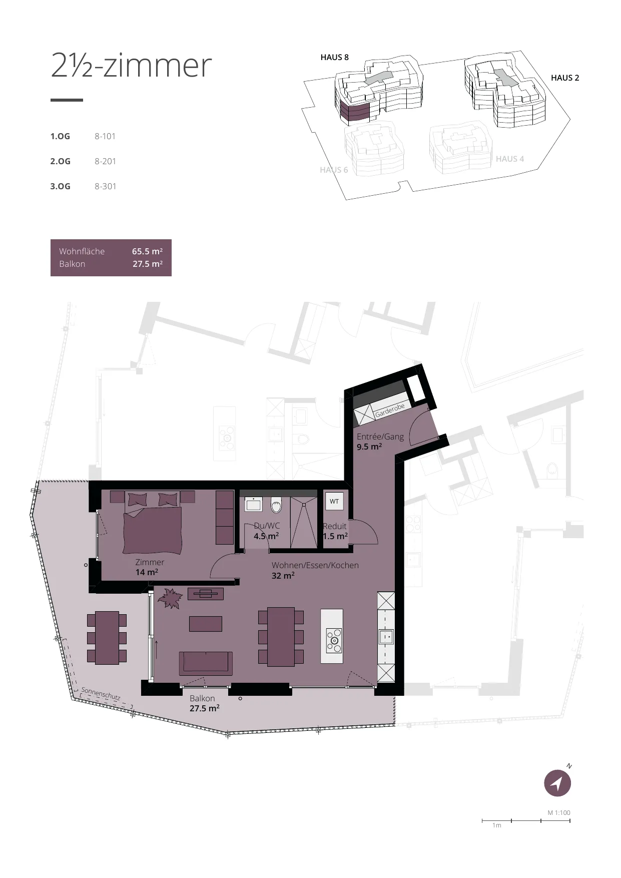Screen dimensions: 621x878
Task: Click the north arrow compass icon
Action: coord(557,783)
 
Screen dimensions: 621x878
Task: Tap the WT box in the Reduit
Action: coord(334,501)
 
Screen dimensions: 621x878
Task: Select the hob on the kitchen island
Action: coord(334,641)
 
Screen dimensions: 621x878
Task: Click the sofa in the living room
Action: coord(206,663)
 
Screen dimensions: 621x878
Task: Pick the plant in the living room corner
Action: coord(170,598)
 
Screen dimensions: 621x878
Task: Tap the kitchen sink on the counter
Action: coord(386,637)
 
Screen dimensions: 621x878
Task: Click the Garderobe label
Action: coord(390,410)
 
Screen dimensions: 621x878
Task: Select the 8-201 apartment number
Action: coord(105,161)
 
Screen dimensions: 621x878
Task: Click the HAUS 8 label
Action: coord(334,57)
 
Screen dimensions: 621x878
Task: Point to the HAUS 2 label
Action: coord(565,78)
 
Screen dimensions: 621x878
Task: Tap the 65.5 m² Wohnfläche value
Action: coord(147,251)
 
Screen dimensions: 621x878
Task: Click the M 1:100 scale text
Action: coord(559,812)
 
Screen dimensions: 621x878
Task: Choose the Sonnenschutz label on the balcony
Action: coord(101,693)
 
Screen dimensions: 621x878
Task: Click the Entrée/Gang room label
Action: coord(380,436)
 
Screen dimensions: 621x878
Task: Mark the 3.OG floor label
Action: coord(60,186)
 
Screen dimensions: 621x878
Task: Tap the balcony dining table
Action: coord(107,638)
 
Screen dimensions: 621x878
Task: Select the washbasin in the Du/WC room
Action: coord(253,504)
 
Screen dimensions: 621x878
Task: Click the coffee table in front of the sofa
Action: coord(206,624)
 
